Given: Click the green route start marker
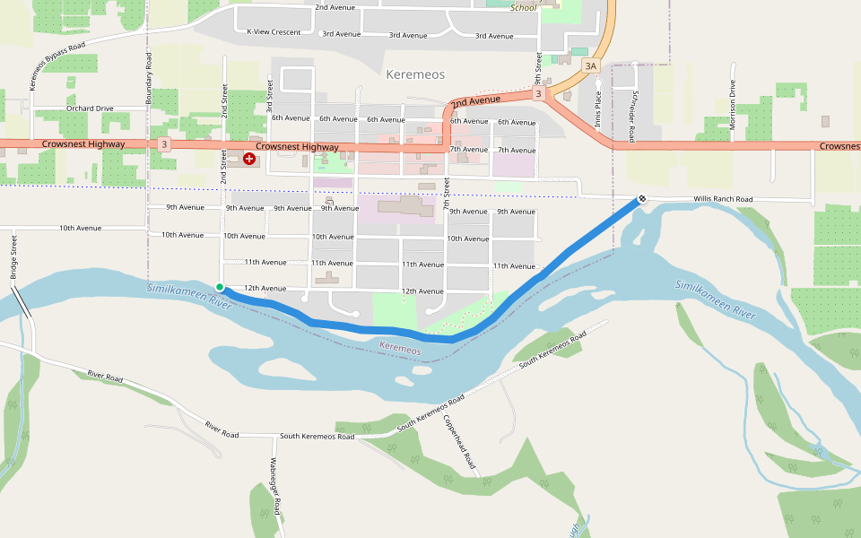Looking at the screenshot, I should pyautogui.click(x=220, y=287).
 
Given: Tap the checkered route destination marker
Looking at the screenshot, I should pyautogui.click(x=642, y=199).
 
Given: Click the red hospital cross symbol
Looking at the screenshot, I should pyautogui.click(x=248, y=159).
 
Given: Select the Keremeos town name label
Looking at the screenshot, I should pyautogui.click(x=415, y=74).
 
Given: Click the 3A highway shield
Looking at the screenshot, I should pyautogui.click(x=590, y=65).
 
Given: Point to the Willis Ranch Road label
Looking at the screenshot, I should pyautogui.click(x=722, y=199).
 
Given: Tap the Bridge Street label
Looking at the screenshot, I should pyautogui.click(x=13, y=257).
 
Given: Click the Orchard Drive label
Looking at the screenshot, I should pyautogui.click(x=90, y=108).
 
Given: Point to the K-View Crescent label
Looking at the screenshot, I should pyautogui.click(x=274, y=31).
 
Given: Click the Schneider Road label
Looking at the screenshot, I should pyautogui.click(x=633, y=116).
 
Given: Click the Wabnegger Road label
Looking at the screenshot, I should pyautogui.click(x=276, y=486).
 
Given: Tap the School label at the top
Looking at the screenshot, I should pyautogui.click(x=523, y=8).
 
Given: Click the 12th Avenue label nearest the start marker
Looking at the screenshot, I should pyautogui.click(x=265, y=289).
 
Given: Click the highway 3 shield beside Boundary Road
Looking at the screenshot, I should pyautogui.click(x=164, y=143).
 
